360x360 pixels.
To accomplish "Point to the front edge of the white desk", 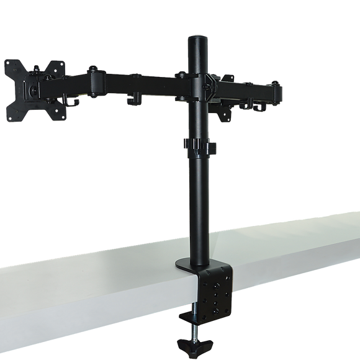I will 93,292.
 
